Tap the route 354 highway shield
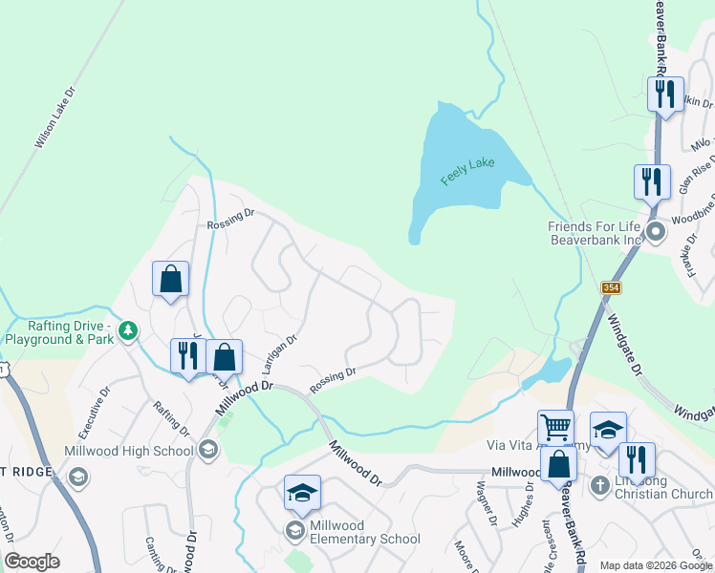[x=610, y=287]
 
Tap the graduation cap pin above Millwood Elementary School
[x=302, y=493]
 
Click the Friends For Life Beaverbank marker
[x=657, y=232]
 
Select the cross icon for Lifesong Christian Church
[x=599, y=485]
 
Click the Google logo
[x=32, y=562]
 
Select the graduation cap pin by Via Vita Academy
[x=608, y=430]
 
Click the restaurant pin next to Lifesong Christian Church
[x=635, y=459]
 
